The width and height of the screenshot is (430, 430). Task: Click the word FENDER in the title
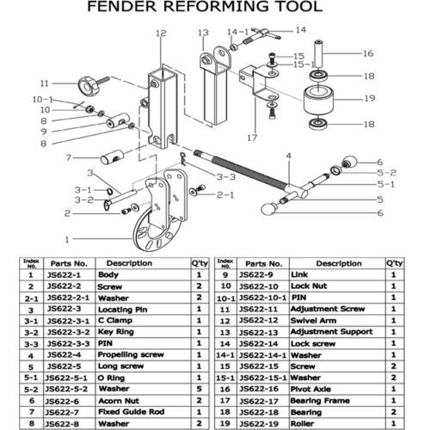[122, 7]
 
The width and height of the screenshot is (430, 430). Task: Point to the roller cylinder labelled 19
[318, 100]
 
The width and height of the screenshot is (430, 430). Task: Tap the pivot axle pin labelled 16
[318, 54]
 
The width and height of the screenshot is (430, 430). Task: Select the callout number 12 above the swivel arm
[161, 33]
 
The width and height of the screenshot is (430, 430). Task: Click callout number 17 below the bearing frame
[253, 138]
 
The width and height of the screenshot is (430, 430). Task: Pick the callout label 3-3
[226, 177]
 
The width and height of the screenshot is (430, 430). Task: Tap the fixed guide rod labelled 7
[112, 157]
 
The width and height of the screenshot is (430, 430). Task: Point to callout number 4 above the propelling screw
[289, 156]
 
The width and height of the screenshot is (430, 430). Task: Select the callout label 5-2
[386, 173]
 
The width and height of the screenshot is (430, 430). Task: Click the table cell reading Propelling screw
[131, 354]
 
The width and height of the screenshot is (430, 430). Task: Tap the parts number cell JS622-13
[259, 332]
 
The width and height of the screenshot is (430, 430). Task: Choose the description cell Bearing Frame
[320, 401]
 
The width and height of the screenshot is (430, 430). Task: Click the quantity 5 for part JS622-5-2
[199, 389]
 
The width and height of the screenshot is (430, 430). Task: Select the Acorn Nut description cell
[119, 401]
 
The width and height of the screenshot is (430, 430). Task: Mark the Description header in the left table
[129, 263]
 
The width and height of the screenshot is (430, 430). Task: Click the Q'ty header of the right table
[395, 263]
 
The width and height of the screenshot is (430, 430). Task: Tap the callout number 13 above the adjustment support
[203, 33]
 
